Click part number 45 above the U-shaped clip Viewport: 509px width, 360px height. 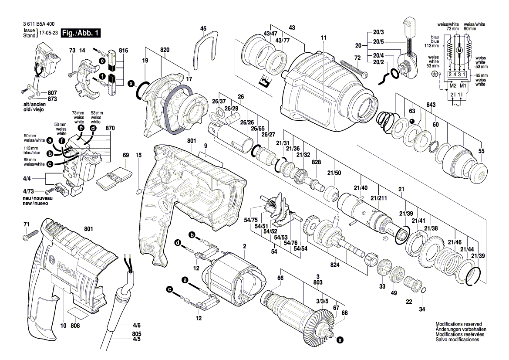203,28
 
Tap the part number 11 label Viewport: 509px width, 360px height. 323,38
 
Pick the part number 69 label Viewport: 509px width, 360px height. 126,155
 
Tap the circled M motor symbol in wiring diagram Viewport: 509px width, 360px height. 458,51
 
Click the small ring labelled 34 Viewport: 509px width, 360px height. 422,291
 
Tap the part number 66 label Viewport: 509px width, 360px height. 280,278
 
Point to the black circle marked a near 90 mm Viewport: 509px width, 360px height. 50,140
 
